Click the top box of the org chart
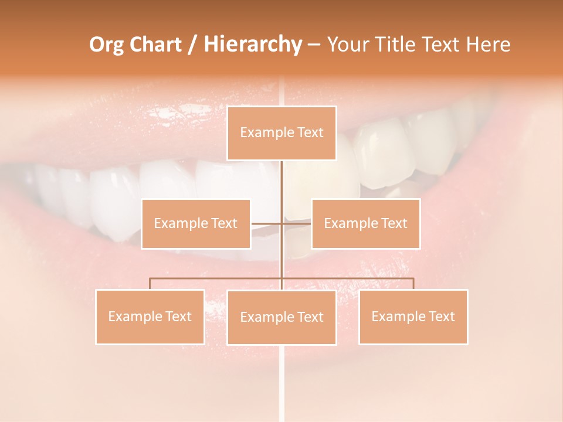(281, 133)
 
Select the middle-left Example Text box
(195, 223)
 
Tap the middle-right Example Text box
(365, 223)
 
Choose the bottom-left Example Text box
(150, 316)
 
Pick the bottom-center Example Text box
(281, 317)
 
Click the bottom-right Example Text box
(413, 316)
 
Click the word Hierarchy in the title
(252, 45)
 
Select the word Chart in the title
(157, 45)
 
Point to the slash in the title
(192, 45)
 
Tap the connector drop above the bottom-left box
(150, 284)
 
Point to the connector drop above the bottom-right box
(413, 284)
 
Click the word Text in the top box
(309, 133)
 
